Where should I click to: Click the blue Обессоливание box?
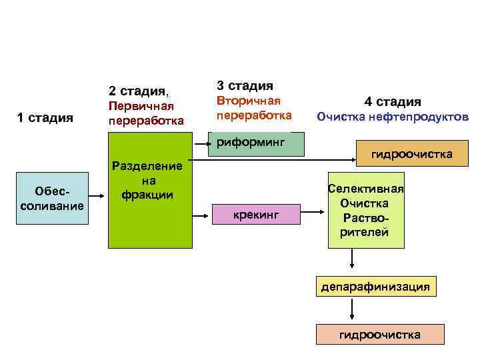53,199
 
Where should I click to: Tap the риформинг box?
255,143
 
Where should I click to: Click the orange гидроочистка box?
412,155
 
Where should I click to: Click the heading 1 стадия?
45,118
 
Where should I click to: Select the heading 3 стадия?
245,85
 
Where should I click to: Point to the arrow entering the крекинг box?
200,215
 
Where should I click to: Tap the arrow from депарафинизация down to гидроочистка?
351,310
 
